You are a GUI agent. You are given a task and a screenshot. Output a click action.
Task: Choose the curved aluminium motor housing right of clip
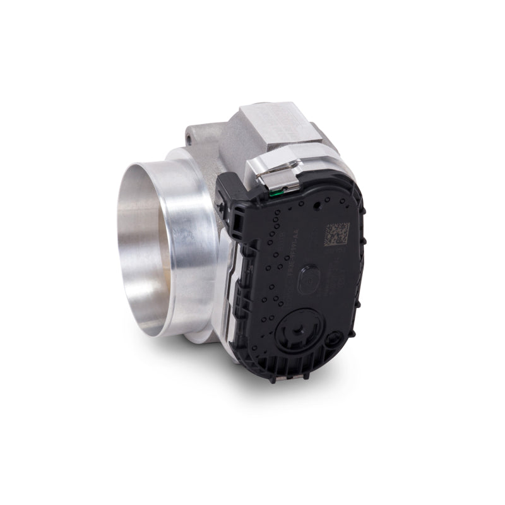click(335, 158)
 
